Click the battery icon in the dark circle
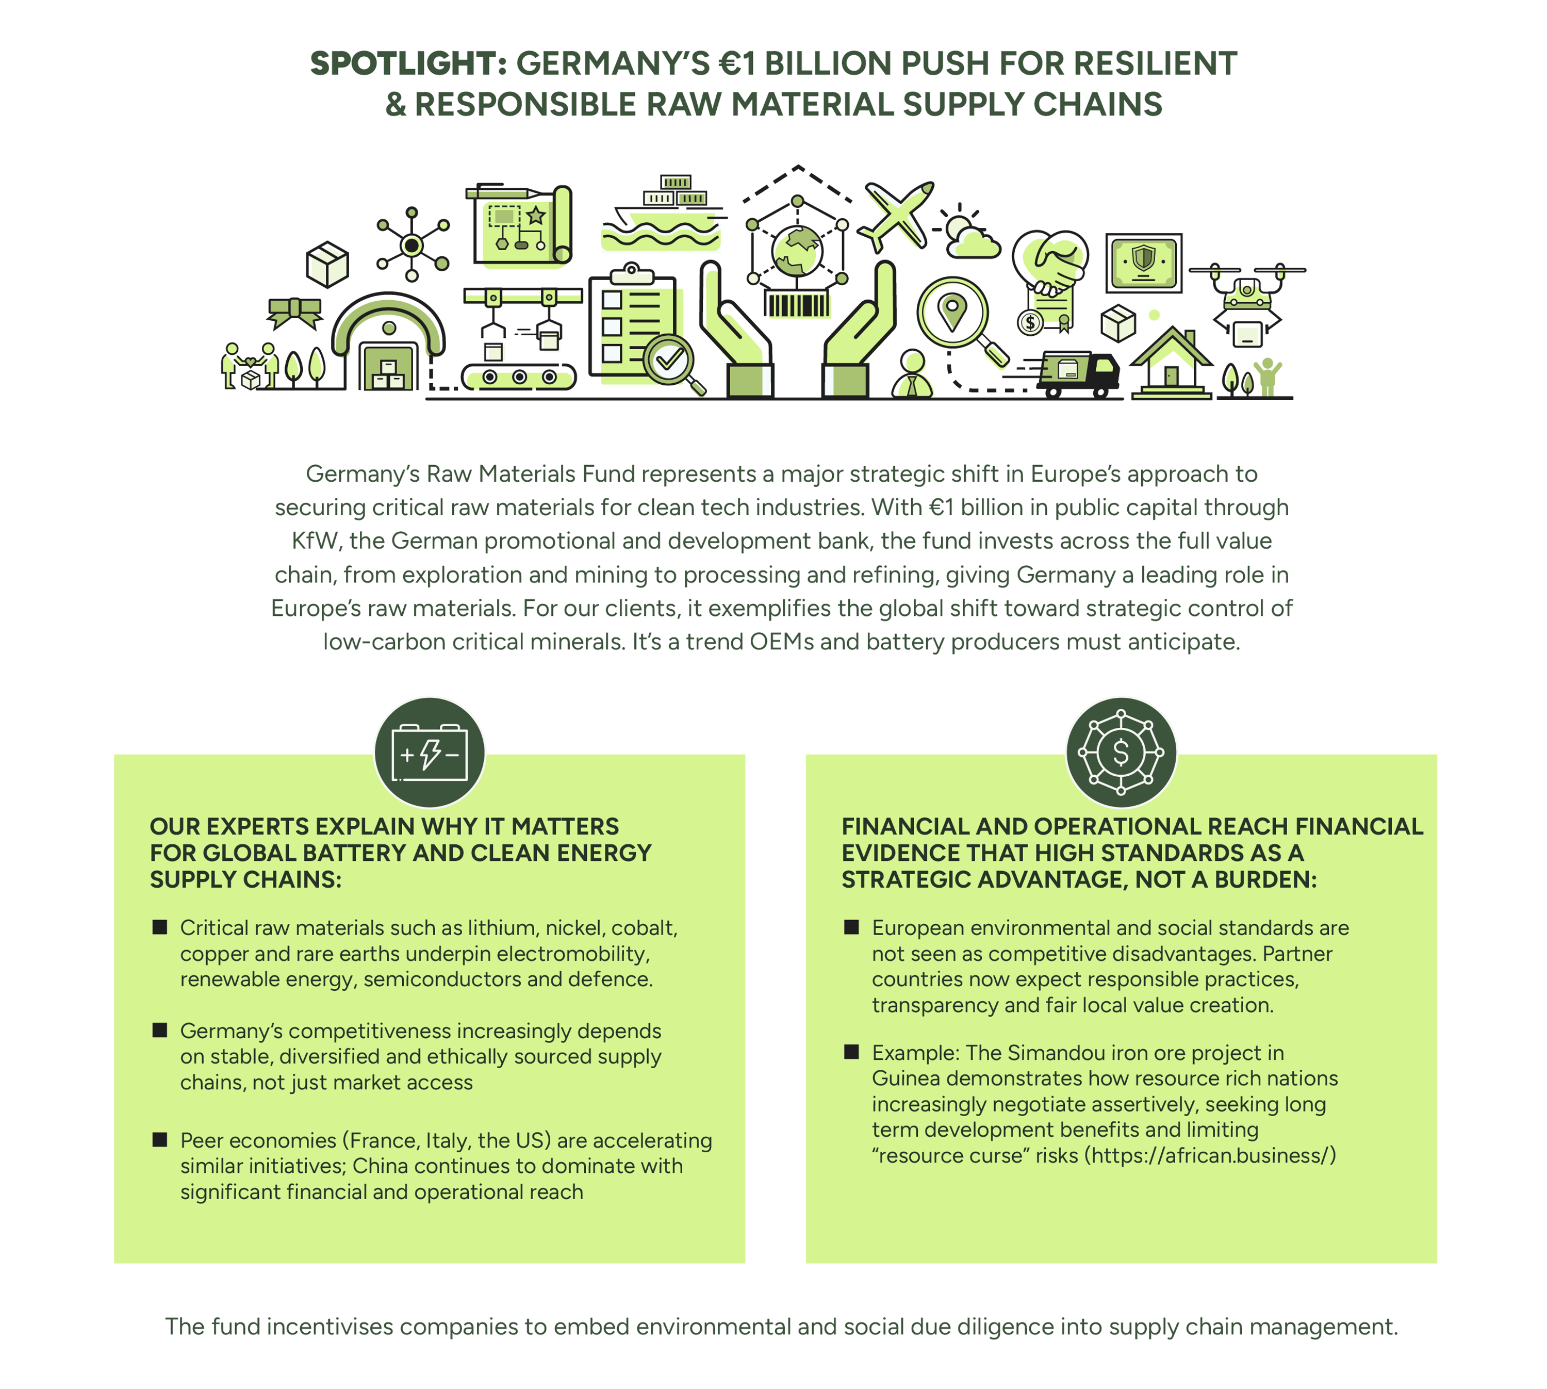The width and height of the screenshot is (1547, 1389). coord(430,753)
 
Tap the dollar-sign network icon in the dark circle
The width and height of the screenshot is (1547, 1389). coord(1121,753)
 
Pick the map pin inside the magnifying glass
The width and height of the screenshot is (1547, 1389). coord(952,312)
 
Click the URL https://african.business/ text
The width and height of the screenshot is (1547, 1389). coord(1209,1155)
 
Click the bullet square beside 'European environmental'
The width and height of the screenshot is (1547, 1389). coord(851,927)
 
